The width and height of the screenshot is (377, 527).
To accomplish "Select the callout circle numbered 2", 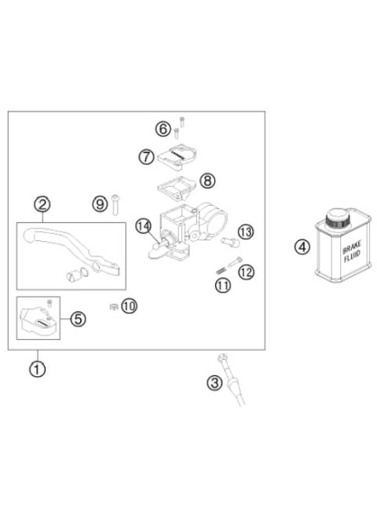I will [42, 205].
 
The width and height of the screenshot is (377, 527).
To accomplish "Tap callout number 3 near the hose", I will [214, 383].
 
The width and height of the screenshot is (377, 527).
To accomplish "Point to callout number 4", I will [302, 247].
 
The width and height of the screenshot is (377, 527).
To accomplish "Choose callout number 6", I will [163, 127].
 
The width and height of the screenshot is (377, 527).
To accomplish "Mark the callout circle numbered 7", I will [146, 156].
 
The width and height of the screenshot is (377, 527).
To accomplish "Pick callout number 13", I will [246, 231].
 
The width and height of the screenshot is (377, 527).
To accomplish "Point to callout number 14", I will [143, 227].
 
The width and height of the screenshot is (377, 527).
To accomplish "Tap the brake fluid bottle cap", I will [340, 218].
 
